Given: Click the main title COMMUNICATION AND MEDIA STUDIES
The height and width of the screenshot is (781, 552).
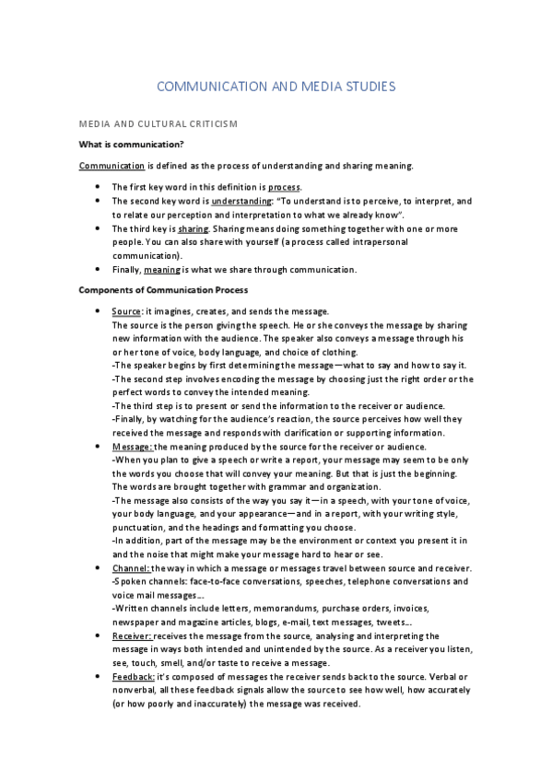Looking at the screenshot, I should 276,87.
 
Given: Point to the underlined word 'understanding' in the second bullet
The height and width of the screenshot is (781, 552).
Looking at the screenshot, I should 237,201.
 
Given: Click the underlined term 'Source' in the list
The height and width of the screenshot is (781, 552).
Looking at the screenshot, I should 125,312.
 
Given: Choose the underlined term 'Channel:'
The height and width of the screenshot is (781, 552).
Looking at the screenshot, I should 131,568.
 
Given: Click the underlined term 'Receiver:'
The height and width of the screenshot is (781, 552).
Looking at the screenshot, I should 132,635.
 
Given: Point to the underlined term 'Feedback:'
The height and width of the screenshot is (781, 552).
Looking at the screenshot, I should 134,676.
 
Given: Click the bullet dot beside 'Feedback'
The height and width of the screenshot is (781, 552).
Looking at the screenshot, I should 98,676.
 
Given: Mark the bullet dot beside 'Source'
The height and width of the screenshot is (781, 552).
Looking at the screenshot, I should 98,312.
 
